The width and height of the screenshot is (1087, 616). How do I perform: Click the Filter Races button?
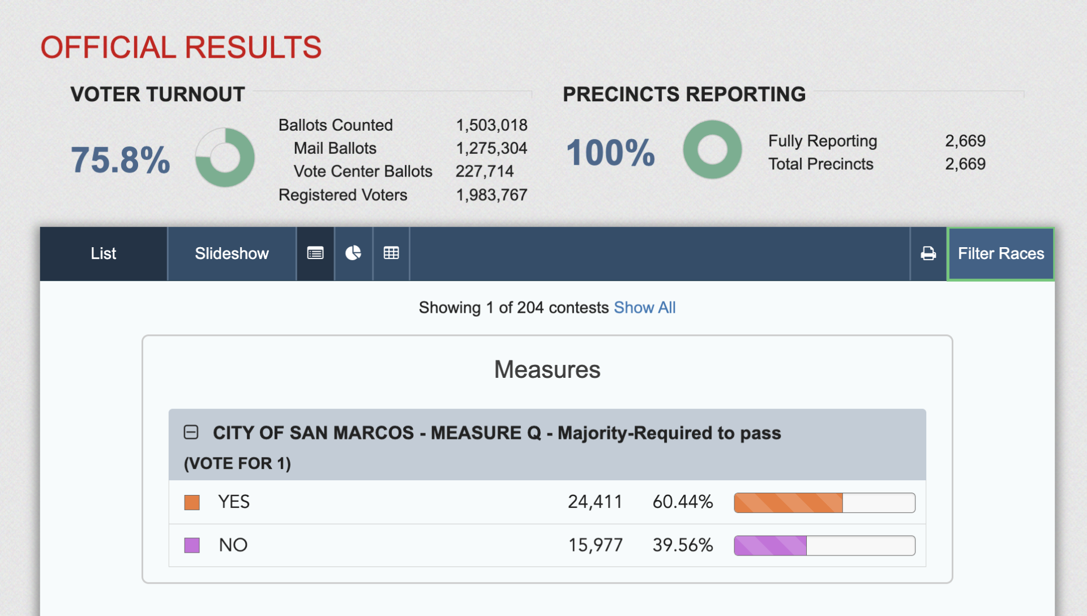point(1000,253)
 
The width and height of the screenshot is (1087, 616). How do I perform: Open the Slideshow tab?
point(232,253)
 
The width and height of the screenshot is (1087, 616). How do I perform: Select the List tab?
point(103,253)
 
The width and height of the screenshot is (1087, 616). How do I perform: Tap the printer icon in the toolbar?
point(928,253)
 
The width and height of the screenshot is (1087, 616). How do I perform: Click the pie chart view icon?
point(353,253)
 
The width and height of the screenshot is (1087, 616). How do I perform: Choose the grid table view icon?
point(391,253)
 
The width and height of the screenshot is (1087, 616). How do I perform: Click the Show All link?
point(644,307)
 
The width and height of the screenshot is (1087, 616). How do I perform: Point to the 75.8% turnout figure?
point(120,160)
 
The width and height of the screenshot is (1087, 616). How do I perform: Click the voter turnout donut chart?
point(225,157)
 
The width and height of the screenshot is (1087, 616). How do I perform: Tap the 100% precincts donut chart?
point(712,149)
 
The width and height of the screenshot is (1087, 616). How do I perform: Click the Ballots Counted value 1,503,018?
point(491,125)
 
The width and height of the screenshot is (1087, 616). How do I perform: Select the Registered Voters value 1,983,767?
point(491,195)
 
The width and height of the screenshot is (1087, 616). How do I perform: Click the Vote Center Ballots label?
point(362,171)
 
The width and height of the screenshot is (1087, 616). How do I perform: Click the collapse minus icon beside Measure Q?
point(191,432)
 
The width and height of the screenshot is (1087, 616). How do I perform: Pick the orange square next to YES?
point(192,502)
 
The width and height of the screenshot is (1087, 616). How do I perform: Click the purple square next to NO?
point(192,545)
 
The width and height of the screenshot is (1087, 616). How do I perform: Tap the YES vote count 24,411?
point(594,502)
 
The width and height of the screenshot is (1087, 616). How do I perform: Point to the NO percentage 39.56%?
point(682,545)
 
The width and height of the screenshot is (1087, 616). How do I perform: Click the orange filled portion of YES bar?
point(788,503)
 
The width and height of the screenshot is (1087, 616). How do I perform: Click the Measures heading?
point(547,369)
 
